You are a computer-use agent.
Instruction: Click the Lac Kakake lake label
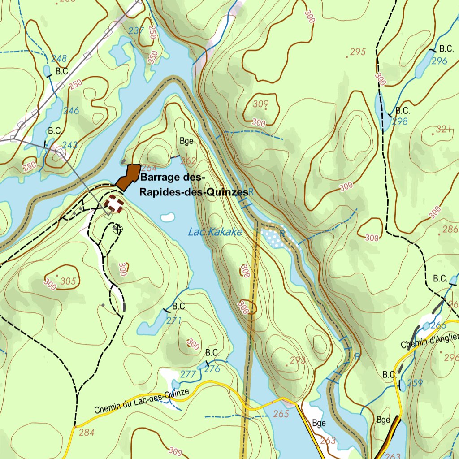(x=215, y=232)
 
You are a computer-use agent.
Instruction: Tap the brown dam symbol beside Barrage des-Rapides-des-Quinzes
(x=129, y=176)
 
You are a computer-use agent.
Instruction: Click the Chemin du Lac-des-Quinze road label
(x=142, y=401)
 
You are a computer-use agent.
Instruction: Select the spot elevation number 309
(x=260, y=104)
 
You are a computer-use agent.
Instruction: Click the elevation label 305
(x=68, y=281)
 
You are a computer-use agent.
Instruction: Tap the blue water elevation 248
(x=59, y=58)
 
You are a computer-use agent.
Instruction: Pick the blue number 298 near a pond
(x=400, y=121)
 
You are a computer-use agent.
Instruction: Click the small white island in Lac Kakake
(x=167, y=217)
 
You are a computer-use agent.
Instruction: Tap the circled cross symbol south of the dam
(x=118, y=229)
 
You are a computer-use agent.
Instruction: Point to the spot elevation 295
(x=358, y=52)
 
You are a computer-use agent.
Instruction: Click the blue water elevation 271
(x=174, y=320)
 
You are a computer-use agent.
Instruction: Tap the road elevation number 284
(x=87, y=433)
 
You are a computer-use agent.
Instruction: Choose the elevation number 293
(x=298, y=360)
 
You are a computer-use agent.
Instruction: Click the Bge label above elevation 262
(x=186, y=141)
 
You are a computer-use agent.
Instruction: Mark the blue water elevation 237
(x=136, y=31)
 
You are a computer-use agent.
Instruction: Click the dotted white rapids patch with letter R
(x=277, y=236)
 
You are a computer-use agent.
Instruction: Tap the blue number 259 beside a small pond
(x=415, y=383)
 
